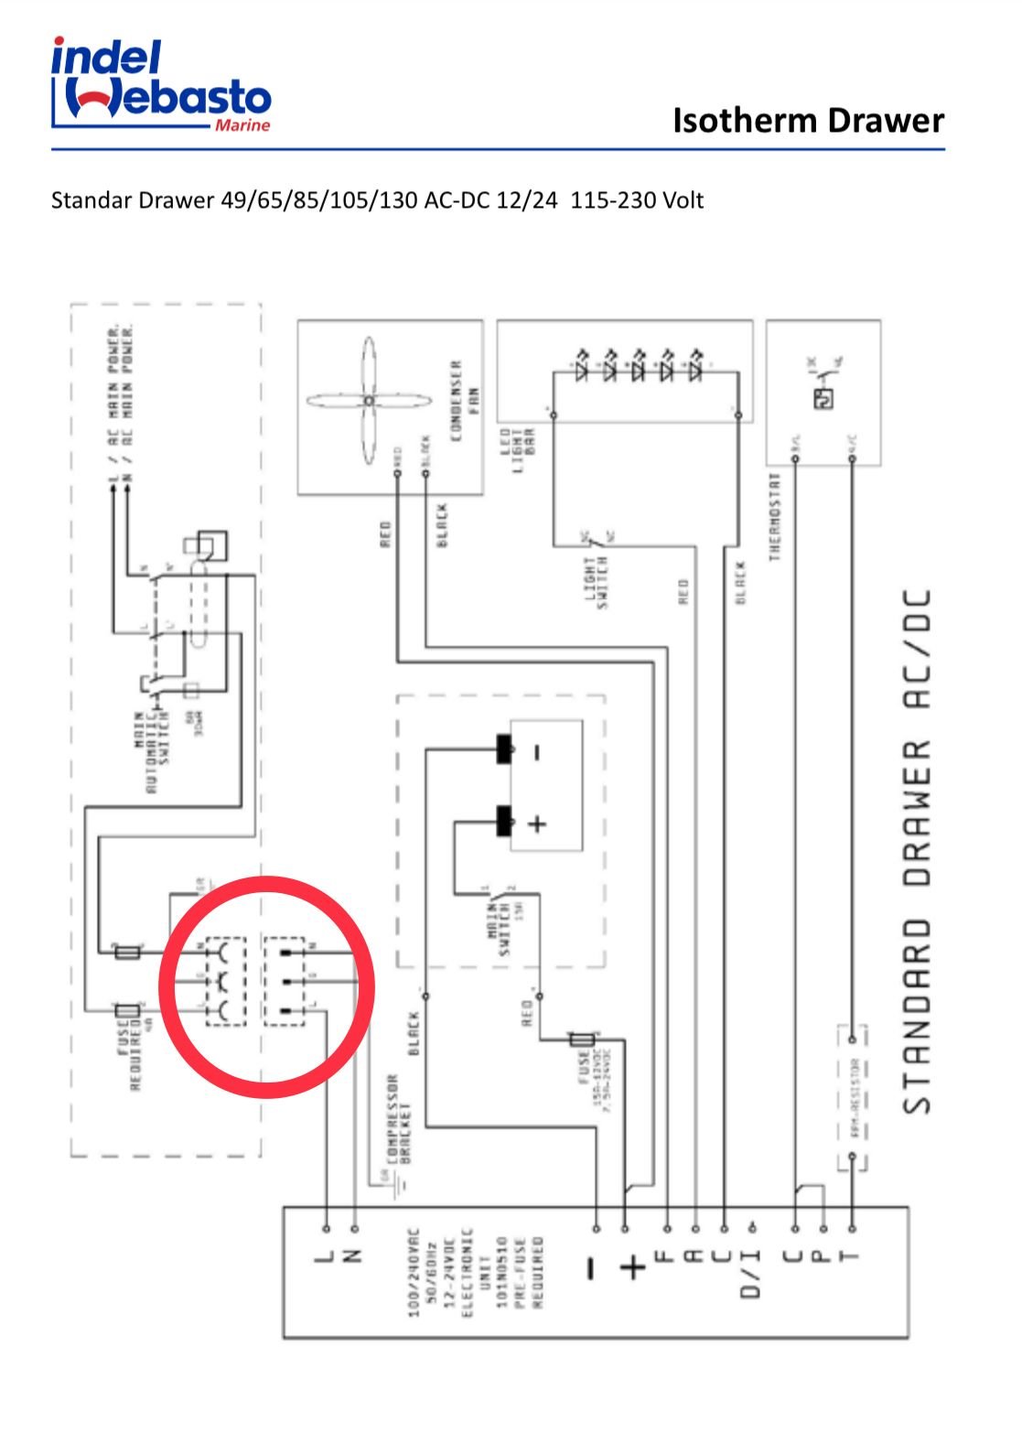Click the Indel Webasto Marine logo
click(161, 85)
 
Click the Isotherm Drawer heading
click(807, 120)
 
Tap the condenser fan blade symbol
click(368, 401)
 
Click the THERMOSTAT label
click(775, 516)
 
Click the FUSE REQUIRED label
click(130, 1050)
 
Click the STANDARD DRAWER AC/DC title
click(917, 851)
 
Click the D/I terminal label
click(751, 1273)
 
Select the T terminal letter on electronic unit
click(851, 1256)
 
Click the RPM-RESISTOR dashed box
click(852, 1098)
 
